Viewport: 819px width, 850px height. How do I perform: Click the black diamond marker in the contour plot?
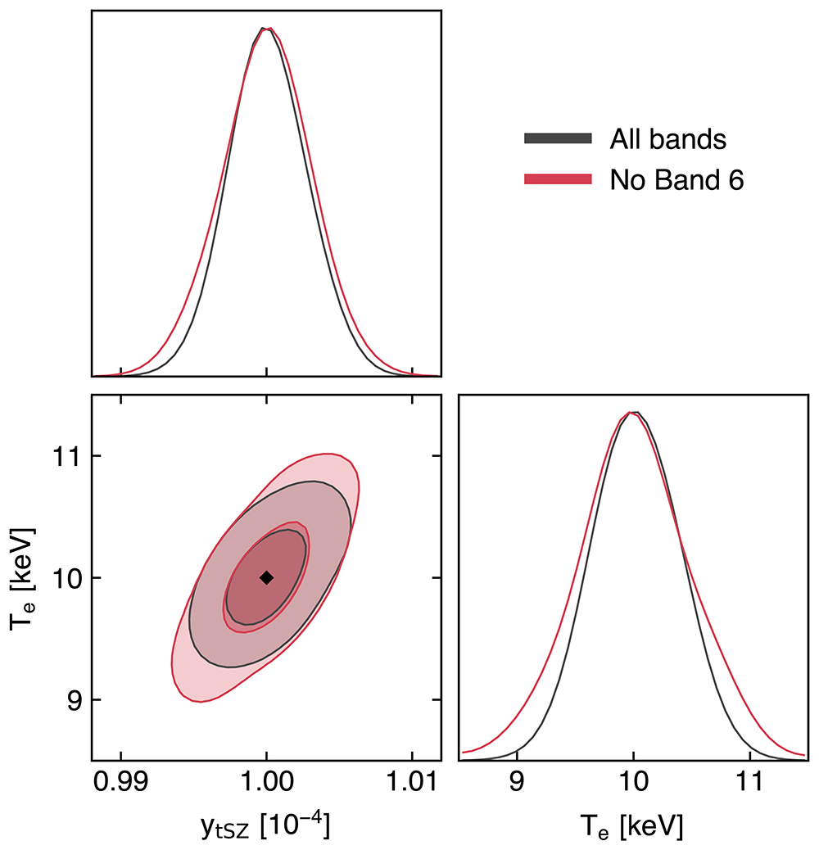click(266, 578)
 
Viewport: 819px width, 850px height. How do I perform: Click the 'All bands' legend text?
click(667, 139)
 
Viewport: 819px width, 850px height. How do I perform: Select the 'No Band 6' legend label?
click(676, 180)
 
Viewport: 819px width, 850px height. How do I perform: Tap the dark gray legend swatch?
click(558, 138)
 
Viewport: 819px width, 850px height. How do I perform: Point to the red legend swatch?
click(558, 179)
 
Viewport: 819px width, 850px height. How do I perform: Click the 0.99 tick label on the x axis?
click(121, 782)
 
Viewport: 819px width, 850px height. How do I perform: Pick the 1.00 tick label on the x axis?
click(266, 782)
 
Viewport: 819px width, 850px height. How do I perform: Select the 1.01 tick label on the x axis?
click(411, 782)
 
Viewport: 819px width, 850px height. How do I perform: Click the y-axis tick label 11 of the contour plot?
click(66, 456)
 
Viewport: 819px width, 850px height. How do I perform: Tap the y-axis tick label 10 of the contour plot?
click(66, 578)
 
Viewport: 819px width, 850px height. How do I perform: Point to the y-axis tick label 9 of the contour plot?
click(73, 700)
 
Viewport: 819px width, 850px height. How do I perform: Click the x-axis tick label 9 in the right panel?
click(517, 782)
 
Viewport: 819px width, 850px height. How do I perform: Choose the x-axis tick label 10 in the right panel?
click(633, 782)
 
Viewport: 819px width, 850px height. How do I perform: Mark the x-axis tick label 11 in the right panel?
click(749, 782)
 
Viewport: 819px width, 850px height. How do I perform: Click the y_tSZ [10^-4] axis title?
click(265, 825)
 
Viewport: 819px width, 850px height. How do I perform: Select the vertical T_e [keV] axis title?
click(23, 578)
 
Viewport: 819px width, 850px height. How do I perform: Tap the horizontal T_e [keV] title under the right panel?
click(632, 827)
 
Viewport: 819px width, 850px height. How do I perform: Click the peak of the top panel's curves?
click(265, 28)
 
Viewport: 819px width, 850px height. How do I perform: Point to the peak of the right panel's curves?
click(633, 413)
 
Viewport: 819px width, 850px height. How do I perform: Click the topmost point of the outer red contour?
click(326, 454)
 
